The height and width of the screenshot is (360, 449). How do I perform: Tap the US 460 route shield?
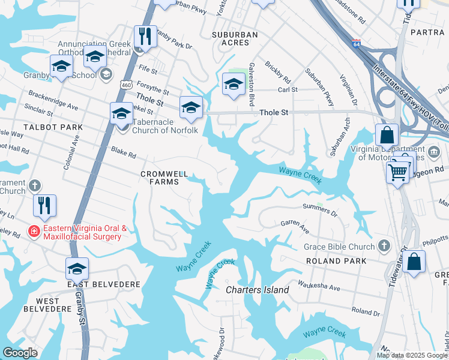point(125,85)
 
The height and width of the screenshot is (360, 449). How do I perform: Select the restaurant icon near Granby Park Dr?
point(145,36)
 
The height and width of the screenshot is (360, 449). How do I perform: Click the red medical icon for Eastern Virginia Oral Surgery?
point(35,230)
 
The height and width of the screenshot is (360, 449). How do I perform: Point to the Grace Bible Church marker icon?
point(385,246)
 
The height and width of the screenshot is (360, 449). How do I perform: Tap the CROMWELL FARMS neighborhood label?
point(160,178)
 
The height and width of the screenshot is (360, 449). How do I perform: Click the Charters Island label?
point(257,290)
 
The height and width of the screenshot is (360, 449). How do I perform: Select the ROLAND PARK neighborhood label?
point(336,261)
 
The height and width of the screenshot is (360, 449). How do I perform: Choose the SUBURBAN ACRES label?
point(235,39)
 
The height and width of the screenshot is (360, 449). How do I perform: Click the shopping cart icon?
point(398,173)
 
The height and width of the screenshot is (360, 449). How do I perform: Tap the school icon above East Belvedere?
point(77,268)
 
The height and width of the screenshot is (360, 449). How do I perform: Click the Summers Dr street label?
point(321,209)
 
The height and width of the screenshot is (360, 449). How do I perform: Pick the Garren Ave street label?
point(295,226)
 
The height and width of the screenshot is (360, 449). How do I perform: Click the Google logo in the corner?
point(20,353)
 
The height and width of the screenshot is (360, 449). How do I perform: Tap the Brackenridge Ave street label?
point(53,101)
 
